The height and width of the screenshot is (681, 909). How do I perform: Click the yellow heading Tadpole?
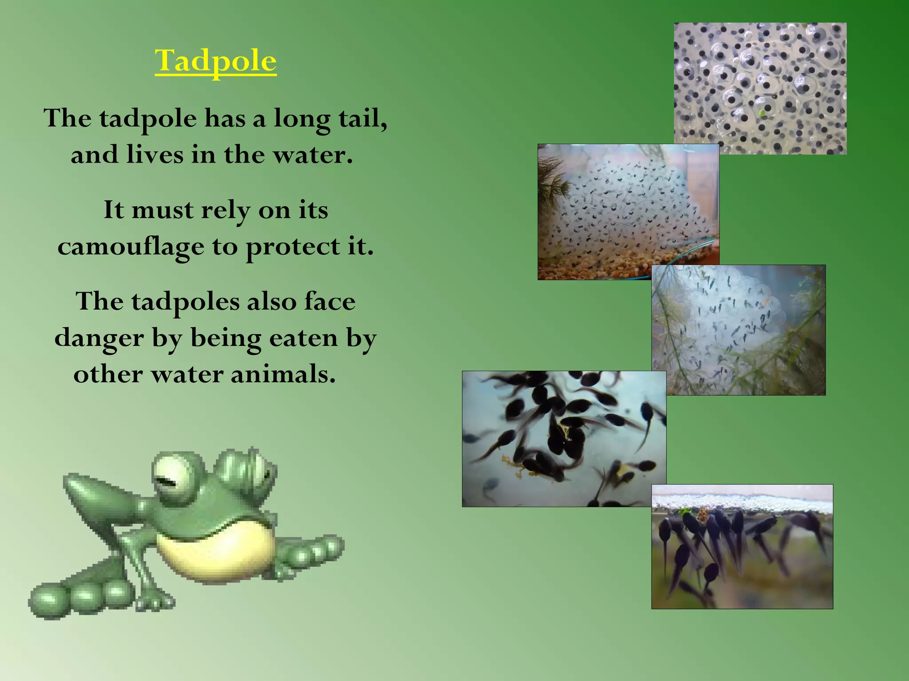216,61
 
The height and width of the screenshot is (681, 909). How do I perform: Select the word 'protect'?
293,247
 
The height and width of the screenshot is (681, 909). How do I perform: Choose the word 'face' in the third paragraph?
329,302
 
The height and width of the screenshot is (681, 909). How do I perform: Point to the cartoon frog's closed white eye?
171,477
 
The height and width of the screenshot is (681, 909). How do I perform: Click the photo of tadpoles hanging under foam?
742,554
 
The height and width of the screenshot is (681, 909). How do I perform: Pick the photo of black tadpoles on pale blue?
564,438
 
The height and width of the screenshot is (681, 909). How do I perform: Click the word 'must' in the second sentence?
162,210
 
